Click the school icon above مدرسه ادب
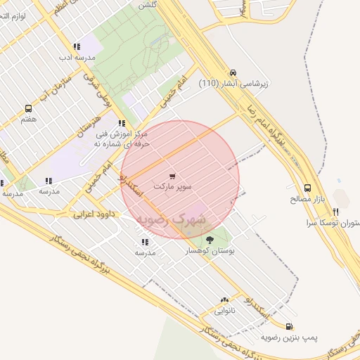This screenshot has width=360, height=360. click(x=77, y=46)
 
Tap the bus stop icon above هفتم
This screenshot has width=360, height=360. click(x=28, y=109)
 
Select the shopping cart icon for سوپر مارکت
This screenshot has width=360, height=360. click(x=173, y=176)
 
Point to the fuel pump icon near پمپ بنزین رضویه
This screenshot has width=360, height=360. click(x=290, y=326)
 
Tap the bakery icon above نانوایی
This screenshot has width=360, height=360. click(x=224, y=300)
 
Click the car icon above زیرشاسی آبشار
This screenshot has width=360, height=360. click(x=233, y=72)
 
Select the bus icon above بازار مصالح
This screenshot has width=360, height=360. click(x=307, y=188)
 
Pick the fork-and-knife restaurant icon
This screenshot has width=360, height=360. click(x=336, y=212)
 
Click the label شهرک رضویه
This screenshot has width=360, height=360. click(x=172, y=221)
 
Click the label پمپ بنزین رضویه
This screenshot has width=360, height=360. click(x=290, y=337)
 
